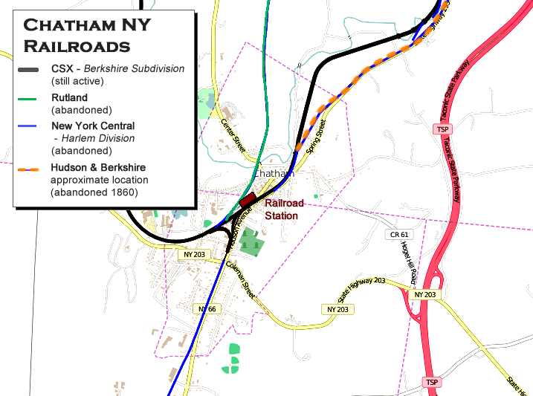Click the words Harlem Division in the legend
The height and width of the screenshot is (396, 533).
pos(99,138)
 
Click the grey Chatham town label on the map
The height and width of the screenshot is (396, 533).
pos(274,173)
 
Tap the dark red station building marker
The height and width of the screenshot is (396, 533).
pos(247,200)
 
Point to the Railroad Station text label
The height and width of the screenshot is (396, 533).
pos(284,209)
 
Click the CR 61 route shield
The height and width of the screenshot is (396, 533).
pos(399,235)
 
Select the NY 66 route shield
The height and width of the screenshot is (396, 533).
pos(207,308)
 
